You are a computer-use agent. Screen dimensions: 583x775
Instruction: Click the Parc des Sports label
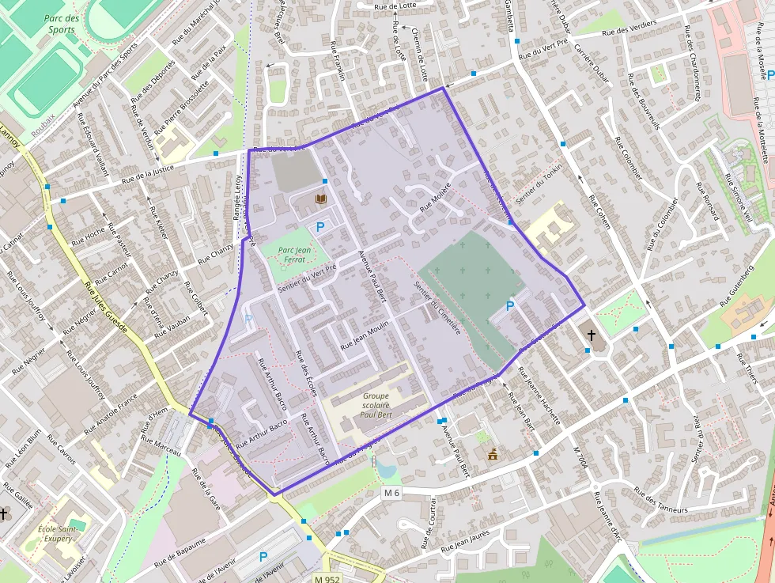coord(61,24)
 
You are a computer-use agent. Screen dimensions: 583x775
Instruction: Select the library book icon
coord(320,199)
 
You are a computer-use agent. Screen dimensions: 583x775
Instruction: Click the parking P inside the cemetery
coord(510,305)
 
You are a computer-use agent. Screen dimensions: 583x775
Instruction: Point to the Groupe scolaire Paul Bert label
coord(375,406)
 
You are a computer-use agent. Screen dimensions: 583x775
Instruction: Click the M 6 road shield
coord(391,493)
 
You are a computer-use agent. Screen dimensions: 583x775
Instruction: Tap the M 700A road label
coord(584,466)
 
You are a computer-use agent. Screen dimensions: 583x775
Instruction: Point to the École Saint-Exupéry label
coord(56,534)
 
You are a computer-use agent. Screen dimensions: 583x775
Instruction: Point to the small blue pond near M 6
coord(386,469)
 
